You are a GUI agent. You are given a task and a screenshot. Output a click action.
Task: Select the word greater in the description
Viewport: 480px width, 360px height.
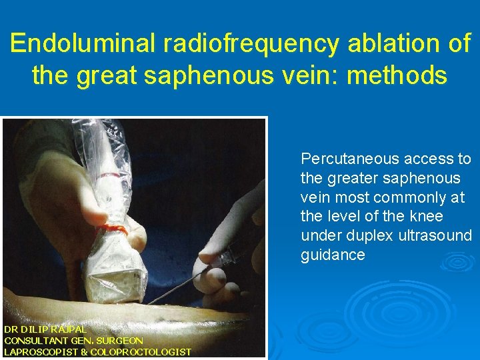[x=352, y=179]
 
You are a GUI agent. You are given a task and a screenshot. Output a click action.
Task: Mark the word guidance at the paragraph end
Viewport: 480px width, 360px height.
[x=333, y=255]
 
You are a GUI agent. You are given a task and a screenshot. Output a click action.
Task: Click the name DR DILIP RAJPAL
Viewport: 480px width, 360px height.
[x=45, y=329]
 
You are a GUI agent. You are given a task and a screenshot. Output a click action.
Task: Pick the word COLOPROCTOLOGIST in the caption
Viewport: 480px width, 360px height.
[x=141, y=352]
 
